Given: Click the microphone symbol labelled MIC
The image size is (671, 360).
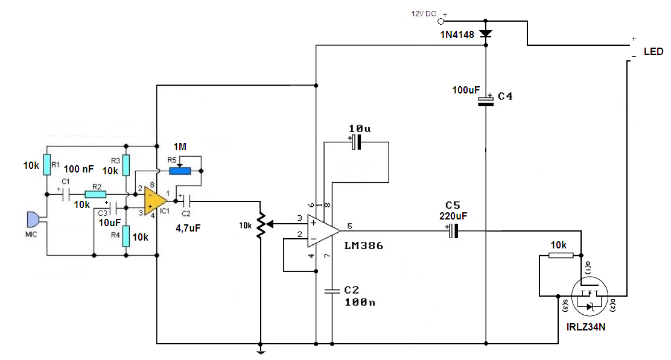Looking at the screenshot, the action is click(33, 219).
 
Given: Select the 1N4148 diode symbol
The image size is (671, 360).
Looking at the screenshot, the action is click(485, 34).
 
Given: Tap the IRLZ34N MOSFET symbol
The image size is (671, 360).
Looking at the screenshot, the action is click(590, 296).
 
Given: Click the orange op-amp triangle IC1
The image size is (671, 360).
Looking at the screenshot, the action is click(154, 201).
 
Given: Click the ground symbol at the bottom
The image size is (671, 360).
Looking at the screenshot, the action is click(261, 352).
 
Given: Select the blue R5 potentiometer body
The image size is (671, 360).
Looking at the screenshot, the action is click(180, 171).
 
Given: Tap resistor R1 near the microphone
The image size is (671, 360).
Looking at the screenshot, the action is click(46, 165).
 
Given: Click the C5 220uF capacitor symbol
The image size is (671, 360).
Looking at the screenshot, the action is click(454, 231).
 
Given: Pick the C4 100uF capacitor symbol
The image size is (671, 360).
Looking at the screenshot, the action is click(485, 101).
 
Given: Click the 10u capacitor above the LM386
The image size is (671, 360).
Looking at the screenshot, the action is click(356, 142).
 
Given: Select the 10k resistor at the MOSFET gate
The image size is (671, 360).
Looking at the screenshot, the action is click(561, 255).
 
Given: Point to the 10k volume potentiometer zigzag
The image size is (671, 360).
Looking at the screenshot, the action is click(261, 226).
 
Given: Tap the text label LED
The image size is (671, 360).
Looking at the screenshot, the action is click(654, 52).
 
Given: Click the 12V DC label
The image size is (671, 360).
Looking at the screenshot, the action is click(424, 14).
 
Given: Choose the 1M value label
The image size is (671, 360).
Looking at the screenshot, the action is click(180, 147).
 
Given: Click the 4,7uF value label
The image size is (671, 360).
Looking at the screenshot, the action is click(188, 229).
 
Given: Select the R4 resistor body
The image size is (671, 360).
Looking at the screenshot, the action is click(126, 236).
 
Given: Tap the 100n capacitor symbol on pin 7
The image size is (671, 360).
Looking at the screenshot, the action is click(332, 291).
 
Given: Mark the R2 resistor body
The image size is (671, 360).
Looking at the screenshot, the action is click(95, 195).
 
